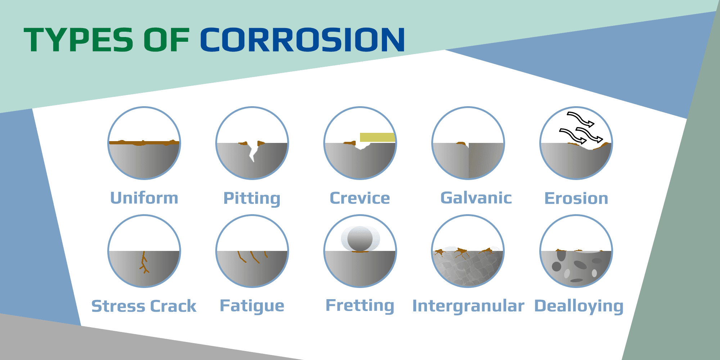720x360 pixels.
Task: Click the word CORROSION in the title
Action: [302, 40]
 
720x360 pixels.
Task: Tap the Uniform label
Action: [144, 198]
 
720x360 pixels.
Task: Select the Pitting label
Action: [252, 198]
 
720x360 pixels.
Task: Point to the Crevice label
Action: [360, 198]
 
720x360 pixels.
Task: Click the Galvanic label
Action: [476, 198]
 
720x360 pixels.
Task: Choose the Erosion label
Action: [576, 198]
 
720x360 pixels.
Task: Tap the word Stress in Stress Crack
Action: [118, 306]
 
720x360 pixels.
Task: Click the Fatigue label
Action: [252, 306]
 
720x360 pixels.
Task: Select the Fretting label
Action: [360, 306]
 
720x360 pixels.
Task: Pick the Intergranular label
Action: [468, 306]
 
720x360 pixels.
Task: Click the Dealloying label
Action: [579, 306]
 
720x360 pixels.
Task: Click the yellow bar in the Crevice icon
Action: [377, 137]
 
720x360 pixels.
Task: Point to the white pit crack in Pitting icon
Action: [253, 151]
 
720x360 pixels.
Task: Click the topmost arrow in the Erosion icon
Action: [580, 119]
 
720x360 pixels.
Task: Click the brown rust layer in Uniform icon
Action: [144, 143]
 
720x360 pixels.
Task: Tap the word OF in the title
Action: [166, 40]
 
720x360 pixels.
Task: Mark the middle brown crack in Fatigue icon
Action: [254, 257]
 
